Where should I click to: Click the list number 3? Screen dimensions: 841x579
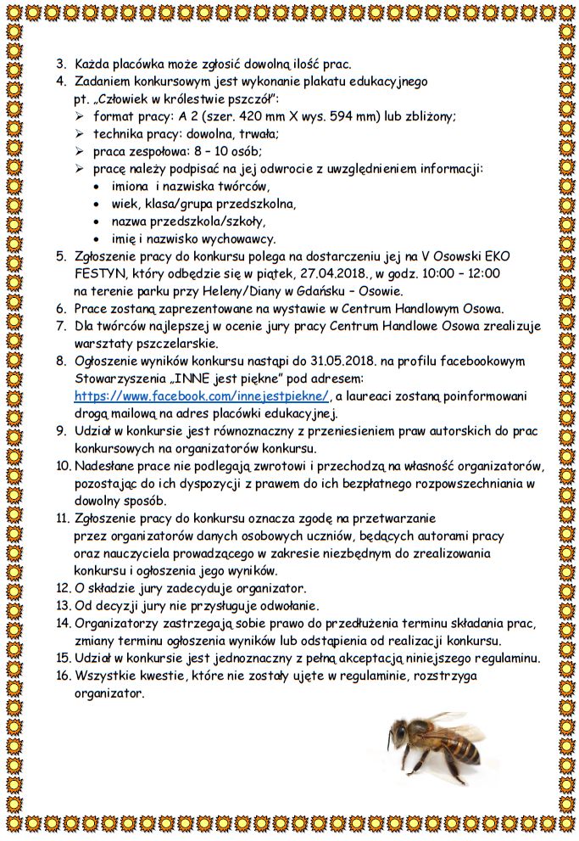[61, 64]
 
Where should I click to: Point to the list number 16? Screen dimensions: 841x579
[63, 676]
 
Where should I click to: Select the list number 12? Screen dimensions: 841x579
[63, 587]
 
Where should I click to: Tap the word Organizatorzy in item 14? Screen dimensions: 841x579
[116, 623]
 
